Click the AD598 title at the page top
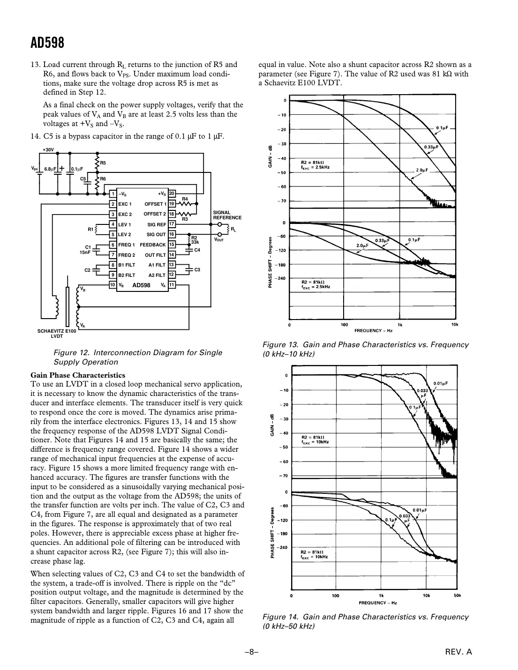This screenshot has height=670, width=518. [x=47, y=43]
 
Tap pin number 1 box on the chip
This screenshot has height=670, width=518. [x=113, y=194]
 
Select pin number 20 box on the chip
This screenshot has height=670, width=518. [x=172, y=194]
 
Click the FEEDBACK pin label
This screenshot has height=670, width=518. [x=153, y=245]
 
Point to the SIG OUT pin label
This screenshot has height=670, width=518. [x=156, y=234]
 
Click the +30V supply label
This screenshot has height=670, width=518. [x=49, y=150]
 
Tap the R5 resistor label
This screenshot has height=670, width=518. [x=103, y=163]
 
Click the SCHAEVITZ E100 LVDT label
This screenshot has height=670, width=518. [x=57, y=333]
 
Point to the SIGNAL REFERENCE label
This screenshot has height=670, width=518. [x=227, y=215]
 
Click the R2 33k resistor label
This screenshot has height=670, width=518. [x=195, y=240]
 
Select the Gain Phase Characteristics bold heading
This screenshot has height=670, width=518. [x=78, y=375]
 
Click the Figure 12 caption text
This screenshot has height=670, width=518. [x=138, y=357]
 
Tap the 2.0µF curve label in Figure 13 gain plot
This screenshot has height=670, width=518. [x=422, y=170]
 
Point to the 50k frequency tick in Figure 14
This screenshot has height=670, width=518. [x=458, y=596]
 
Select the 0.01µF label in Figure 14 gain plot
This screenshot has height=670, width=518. [x=440, y=383]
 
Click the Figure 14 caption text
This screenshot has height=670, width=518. [x=365, y=621]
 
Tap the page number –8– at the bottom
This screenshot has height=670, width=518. [x=252, y=651]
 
